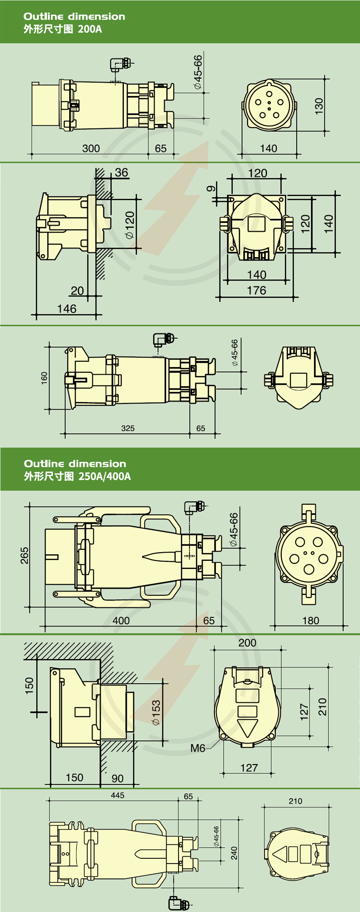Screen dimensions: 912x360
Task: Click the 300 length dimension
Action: click(x=91, y=148)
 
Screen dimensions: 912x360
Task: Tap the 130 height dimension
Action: click(x=319, y=106)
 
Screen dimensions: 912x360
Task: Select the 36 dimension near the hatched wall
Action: click(x=121, y=173)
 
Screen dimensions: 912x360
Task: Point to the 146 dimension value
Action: click(x=67, y=309)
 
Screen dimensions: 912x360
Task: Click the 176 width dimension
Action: click(x=256, y=290)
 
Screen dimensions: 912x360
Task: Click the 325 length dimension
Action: click(x=128, y=428)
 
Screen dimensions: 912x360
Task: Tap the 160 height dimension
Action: click(x=45, y=378)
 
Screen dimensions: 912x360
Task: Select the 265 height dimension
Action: click(x=24, y=555)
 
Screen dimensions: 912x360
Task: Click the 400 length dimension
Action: click(x=121, y=620)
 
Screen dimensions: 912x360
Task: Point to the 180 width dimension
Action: click(x=311, y=620)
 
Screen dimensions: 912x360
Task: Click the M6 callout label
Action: click(x=198, y=748)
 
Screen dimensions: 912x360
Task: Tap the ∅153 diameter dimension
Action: click(x=156, y=713)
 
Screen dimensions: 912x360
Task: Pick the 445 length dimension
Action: click(x=118, y=795)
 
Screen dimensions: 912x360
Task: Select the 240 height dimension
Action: click(x=234, y=853)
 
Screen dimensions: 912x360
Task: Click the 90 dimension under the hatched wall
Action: click(x=118, y=778)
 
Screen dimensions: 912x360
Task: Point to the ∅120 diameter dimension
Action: click(x=130, y=225)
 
